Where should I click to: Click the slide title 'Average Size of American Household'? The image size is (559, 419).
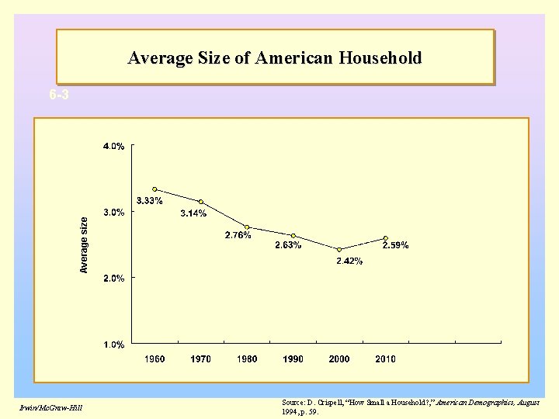point(275,58)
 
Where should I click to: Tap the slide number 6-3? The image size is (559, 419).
point(58,95)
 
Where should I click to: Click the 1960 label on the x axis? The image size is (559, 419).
point(155,359)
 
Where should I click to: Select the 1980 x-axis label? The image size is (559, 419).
point(247,359)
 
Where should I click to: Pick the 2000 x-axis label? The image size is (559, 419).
point(339,359)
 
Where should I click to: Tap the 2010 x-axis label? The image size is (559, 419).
point(385,359)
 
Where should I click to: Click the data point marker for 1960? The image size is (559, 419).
point(155,189)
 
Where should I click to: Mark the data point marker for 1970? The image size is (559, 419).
point(201,202)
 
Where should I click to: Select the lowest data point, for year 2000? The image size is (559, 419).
point(339,249)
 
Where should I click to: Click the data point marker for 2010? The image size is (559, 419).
point(385,238)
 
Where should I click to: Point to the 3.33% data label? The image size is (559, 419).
point(149,201)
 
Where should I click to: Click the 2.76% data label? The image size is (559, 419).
point(238,235)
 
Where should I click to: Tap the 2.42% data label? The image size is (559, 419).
point(349,261)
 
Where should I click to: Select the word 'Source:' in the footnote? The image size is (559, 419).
point(293,403)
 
